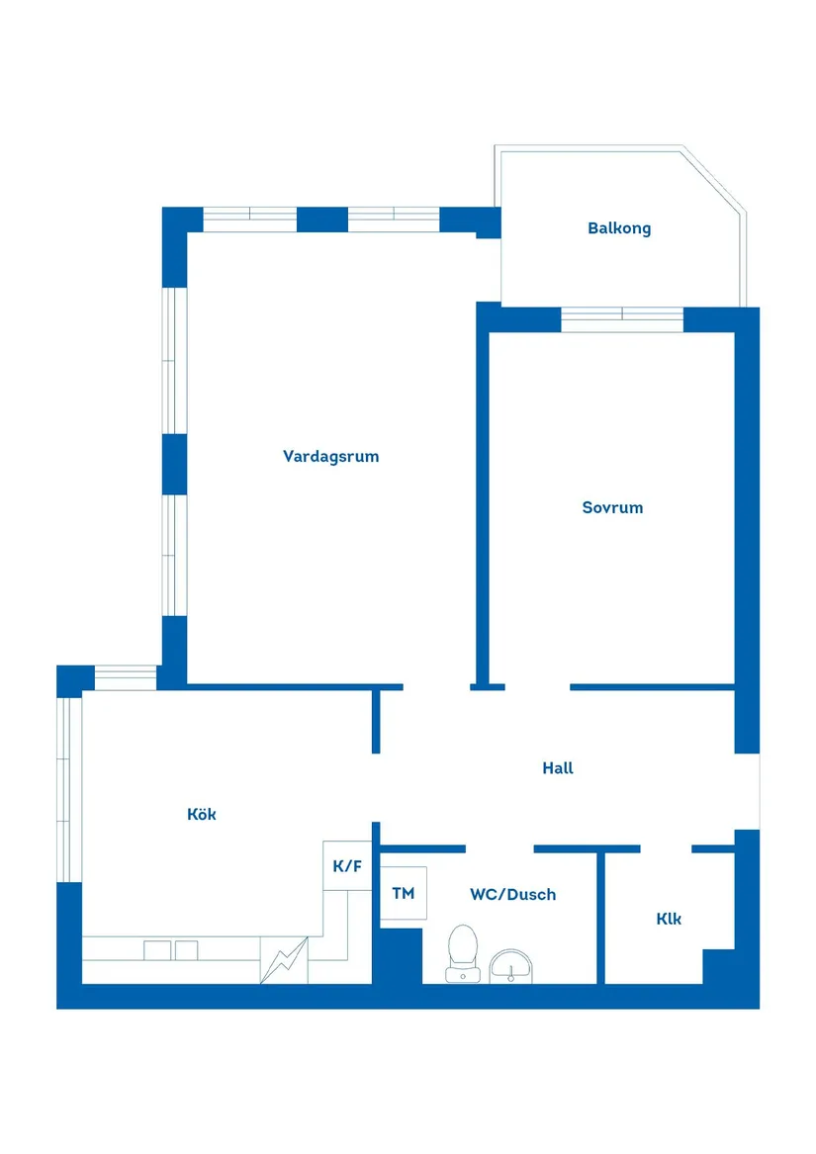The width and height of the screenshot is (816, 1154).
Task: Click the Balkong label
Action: (619, 228)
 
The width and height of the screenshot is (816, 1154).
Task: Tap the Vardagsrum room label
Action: (330, 457)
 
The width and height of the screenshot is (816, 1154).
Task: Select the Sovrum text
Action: (612, 507)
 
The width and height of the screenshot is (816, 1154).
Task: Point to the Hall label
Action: (558, 767)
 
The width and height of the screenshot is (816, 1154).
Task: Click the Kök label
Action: (201, 814)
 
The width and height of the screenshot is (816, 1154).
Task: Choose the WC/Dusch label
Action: (512, 894)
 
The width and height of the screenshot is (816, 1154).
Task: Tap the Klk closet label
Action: (669, 919)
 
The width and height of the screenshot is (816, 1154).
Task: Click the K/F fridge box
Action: (347, 866)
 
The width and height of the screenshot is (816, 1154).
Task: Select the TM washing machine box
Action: (404, 894)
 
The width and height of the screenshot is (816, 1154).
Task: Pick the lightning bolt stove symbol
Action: (284, 959)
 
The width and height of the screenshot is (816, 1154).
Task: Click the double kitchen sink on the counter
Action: (171, 950)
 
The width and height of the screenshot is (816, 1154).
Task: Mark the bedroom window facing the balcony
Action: (622, 319)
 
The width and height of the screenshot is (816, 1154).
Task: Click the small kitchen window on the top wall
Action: (126, 678)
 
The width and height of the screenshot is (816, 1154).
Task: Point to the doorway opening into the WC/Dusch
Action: (499, 848)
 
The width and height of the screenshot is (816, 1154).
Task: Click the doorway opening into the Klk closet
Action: (666, 848)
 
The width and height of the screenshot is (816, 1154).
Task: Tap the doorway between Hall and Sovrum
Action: (537, 686)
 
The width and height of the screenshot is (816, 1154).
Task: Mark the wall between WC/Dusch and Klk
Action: (600, 915)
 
